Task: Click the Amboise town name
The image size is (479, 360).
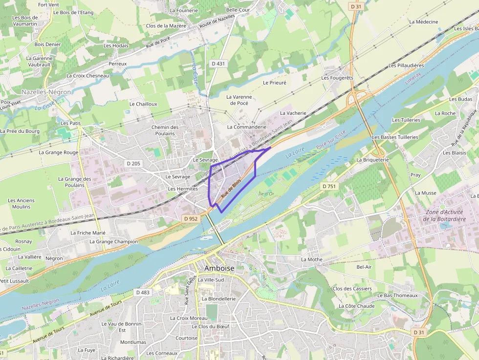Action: point(219,269)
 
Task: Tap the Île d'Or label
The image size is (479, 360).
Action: point(266,194)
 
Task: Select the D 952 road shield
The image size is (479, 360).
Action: point(190,219)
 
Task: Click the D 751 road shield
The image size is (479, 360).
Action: point(329,186)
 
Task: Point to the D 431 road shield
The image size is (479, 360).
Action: point(218,64)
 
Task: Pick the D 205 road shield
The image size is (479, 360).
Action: point(132,163)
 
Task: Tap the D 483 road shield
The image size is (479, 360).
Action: point(142,292)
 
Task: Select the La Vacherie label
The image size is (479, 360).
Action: point(293,113)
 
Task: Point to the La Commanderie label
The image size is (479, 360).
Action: point(247,127)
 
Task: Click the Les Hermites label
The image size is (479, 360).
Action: point(182,189)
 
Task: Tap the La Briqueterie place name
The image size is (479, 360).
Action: point(372,160)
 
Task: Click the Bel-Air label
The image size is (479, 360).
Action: point(364,267)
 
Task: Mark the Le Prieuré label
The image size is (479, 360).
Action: point(274,83)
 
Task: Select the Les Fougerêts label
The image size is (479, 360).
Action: point(337,78)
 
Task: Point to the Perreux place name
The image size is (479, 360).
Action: point(117,64)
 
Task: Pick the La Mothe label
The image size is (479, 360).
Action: point(311,259)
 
